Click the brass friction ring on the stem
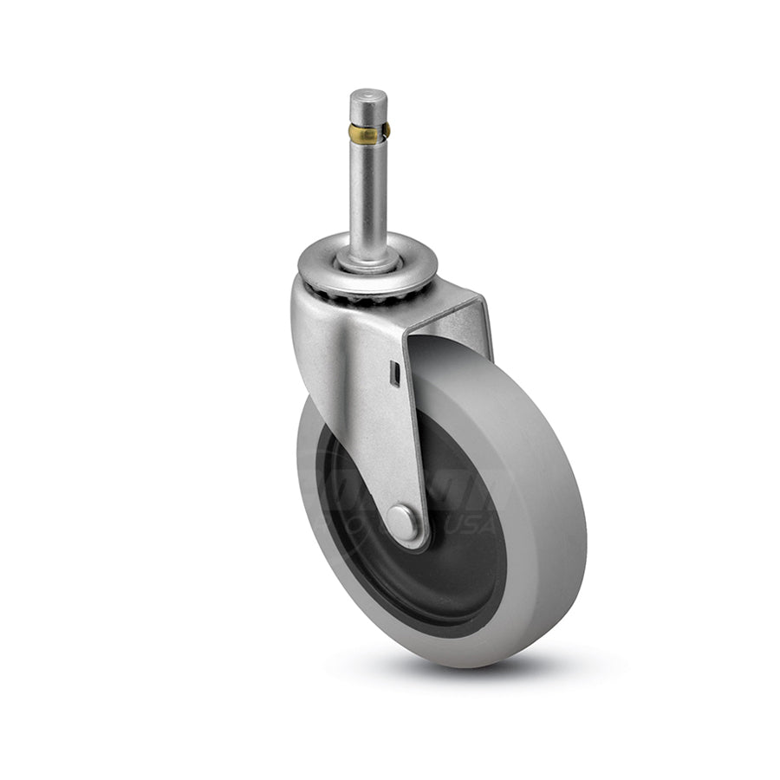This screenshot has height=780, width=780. tap(367, 132)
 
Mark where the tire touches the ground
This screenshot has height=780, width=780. tap(442, 663)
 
